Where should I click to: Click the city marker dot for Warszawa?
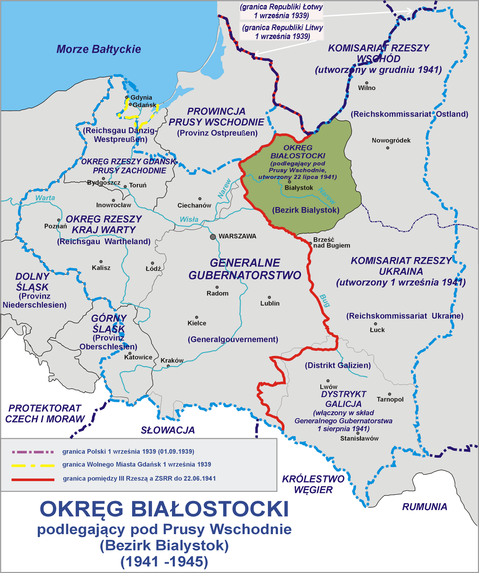213,237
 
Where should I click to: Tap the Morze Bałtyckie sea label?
99,49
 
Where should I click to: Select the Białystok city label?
299,188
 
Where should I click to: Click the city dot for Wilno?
367,83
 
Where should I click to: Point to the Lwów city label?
328,387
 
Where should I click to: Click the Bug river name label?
324,301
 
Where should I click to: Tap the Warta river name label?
45,198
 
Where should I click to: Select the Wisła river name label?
189,219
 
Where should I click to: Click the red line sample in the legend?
33,479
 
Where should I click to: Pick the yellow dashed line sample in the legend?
33,465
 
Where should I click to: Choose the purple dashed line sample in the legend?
33,452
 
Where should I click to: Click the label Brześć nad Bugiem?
331,242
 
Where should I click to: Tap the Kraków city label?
172,360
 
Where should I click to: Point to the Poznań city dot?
58,220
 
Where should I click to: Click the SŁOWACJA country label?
168,430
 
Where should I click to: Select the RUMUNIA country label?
425,507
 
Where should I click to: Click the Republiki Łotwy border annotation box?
281,11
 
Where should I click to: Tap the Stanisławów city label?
359,438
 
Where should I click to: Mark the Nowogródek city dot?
388,148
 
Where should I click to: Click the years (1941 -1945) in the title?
164,562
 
